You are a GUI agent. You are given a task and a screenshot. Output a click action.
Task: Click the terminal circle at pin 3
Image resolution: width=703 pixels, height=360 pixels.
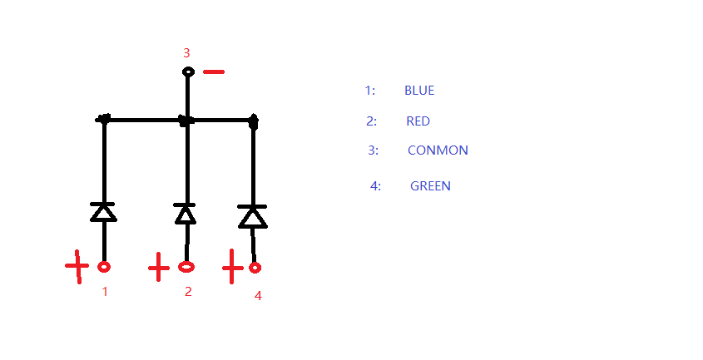[x=188, y=72]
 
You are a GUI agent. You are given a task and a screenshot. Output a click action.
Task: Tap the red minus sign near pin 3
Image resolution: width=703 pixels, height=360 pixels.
[x=214, y=72]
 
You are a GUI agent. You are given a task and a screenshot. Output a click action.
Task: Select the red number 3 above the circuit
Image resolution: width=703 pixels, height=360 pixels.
[x=186, y=52]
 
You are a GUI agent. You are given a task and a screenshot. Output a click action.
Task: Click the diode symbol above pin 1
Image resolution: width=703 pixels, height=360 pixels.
[x=103, y=211]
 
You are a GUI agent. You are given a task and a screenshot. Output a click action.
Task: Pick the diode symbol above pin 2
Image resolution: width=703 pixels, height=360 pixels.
[x=186, y=214]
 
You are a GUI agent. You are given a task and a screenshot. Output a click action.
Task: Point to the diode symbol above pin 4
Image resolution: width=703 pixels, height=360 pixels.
[x=252, y=216]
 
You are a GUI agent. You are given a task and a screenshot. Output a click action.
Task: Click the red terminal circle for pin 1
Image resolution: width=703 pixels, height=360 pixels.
[x=104, y=267]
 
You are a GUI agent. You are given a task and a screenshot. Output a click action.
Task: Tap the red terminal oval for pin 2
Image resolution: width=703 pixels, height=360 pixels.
[x=186, y=267]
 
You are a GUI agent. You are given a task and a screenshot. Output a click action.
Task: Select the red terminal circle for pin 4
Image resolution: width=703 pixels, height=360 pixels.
[x=255, y=268]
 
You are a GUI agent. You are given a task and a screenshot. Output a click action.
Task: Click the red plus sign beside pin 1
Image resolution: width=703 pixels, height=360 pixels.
[x=77, y=266]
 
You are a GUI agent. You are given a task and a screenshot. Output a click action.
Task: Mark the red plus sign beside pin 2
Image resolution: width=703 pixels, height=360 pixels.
[x=159, y=268]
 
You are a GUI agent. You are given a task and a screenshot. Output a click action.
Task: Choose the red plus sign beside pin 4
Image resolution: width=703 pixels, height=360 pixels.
[x=233, y=268]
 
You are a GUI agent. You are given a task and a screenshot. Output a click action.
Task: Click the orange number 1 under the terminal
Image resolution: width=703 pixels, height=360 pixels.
[x=105, y=292]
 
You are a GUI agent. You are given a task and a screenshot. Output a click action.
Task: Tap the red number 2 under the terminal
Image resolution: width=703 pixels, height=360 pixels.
[x=188, y=291]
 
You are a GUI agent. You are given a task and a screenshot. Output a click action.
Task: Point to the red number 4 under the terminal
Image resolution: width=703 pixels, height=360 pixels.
[x=258, y=295]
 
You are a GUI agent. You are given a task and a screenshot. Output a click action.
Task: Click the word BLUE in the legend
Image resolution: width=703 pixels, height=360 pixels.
[x=419, y=90]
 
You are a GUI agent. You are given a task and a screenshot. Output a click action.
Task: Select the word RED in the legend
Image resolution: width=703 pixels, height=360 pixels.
[x=418, y=121]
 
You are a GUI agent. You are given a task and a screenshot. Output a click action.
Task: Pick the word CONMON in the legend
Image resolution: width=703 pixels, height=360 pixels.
[x=438, y=150]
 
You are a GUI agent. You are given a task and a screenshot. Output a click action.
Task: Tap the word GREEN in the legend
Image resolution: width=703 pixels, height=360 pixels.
[x=430, y=186]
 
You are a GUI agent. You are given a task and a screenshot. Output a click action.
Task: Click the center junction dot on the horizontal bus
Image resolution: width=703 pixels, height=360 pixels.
[x=186, y=121]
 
